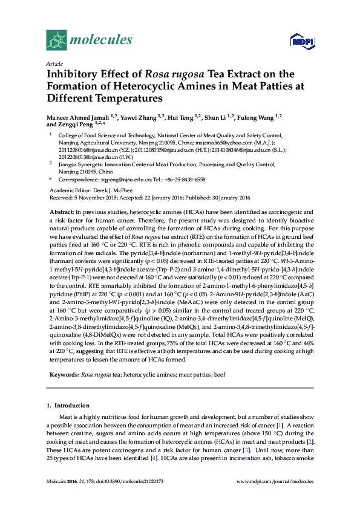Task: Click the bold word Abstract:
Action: (61, 213)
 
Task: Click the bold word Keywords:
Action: (64, 375)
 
